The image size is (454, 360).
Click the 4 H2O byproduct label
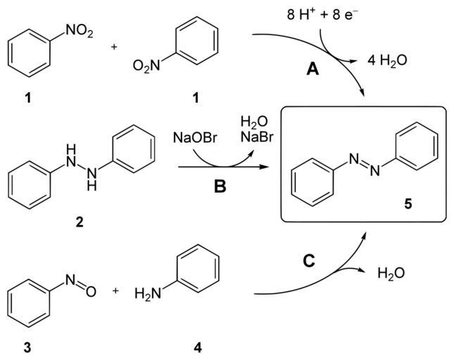click(x=388, y=61)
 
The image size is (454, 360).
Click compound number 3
click(x=27, y=347)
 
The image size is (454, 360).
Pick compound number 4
click(x=197, y=347)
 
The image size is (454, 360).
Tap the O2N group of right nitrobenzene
click(x=146, y=67)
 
